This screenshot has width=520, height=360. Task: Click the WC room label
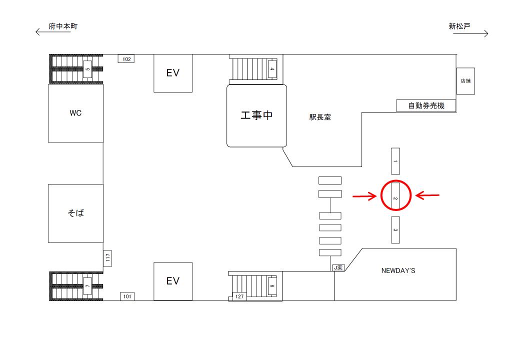[75, 113]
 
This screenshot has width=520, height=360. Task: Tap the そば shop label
[75, 213]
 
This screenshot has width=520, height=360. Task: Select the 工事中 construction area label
[256, 115]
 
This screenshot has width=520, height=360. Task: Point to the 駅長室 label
[320, 117]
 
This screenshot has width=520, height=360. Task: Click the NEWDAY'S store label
[398, 271]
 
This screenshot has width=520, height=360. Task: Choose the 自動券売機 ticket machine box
[426, 105]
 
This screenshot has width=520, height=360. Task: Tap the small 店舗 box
[465, 81]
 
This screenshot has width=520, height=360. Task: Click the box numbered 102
[126, 59]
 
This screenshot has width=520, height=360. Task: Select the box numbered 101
[127, 296]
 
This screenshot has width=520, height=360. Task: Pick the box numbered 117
[107, 258]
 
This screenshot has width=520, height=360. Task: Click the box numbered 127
[239, 296]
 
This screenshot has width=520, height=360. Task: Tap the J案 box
[338, 267]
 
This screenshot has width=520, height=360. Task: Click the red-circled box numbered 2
[395, 195]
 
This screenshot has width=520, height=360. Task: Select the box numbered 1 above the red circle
[395, 161]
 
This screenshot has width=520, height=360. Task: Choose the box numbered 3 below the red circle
[395, 229]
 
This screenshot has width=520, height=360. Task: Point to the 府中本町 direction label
[63, 26]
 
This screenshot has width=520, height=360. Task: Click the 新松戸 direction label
[459, 26]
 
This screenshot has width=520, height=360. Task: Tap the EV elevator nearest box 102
[173, 73]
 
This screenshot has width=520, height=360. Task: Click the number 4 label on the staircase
[272, 69]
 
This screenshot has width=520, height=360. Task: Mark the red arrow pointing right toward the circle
[364, 196]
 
